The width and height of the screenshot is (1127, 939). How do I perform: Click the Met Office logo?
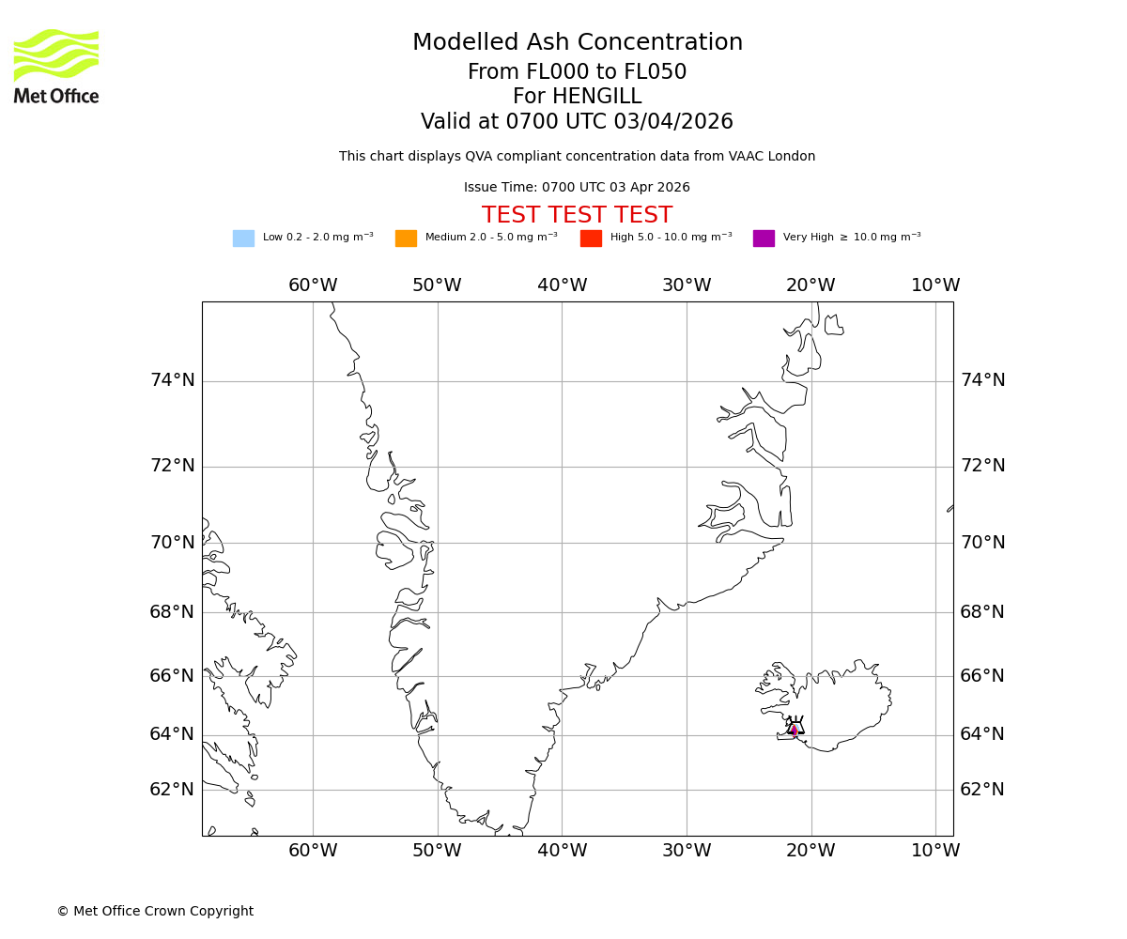click(56, 66)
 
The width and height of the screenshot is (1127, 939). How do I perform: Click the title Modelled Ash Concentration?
click(577, 43)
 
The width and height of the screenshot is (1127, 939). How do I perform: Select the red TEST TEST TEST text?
click(577, 216)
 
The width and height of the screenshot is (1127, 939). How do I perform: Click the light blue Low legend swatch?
click(243, 239)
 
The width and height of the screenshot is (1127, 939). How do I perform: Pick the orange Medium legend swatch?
click(406, 239)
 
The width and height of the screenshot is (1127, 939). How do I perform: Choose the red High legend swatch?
click(591, 239)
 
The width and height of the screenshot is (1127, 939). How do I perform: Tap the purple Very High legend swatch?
click(764, 239)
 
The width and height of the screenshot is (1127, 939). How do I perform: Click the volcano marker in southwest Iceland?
click(795, 729)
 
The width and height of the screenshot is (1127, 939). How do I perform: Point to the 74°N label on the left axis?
click(172, 380)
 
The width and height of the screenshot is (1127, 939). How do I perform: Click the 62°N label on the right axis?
click(982, 790)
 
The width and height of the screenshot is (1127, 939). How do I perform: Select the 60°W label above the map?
click(313, 285)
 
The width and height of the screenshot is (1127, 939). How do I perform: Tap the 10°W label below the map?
click(935, 851)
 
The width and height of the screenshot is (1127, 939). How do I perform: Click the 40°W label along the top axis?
click(562, 285)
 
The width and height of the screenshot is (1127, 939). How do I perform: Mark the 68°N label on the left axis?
click(172, 612)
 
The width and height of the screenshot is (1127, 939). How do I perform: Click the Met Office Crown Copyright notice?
click(155, 912)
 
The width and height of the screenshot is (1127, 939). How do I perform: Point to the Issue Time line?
click(577, 188)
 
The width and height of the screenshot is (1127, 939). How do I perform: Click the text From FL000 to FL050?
click(577, 72)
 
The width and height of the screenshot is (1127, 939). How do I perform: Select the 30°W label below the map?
click(686, 851)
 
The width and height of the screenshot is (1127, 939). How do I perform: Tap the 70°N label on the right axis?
click(982, 543)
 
